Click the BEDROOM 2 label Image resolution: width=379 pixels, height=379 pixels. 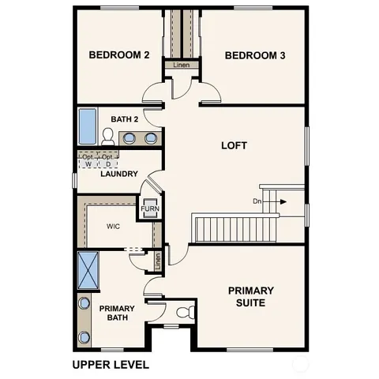118,55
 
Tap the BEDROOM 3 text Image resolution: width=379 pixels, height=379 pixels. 254,55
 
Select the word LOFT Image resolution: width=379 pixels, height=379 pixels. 234,146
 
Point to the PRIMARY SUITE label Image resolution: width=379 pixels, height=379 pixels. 251,296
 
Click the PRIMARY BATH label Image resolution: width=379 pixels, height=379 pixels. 117,313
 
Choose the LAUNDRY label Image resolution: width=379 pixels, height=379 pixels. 119,174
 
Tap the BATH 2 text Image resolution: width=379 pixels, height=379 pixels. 124,119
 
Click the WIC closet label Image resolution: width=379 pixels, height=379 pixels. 114,226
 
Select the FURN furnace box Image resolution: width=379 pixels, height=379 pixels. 149,209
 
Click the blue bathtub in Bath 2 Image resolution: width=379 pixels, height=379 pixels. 87,127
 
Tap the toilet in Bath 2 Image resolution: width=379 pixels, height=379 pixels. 108,136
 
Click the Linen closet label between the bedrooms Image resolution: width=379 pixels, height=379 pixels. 182,65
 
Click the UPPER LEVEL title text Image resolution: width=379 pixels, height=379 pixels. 110,365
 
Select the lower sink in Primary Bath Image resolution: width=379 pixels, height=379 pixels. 84,338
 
